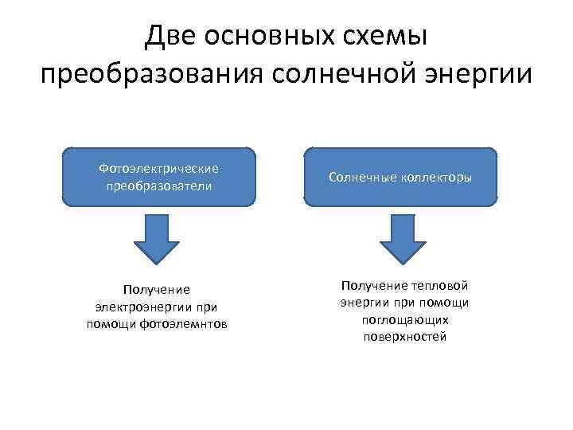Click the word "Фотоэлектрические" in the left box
pos(158,168)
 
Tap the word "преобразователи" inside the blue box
pos(158,186)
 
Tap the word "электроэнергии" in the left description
pos(140,307)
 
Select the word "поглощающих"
pos(404,320)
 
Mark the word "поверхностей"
pos(404,337)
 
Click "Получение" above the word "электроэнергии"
pos(157,290)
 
